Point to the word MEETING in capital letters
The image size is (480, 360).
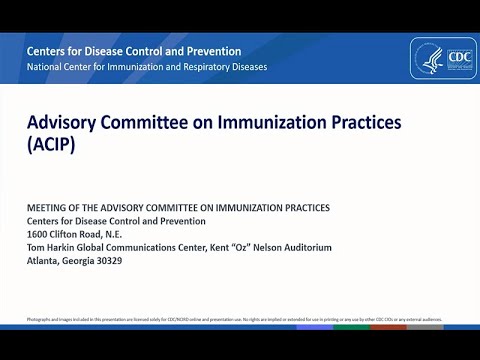(x=49, y=208)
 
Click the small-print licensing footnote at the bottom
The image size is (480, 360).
(x=230, y=320)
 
